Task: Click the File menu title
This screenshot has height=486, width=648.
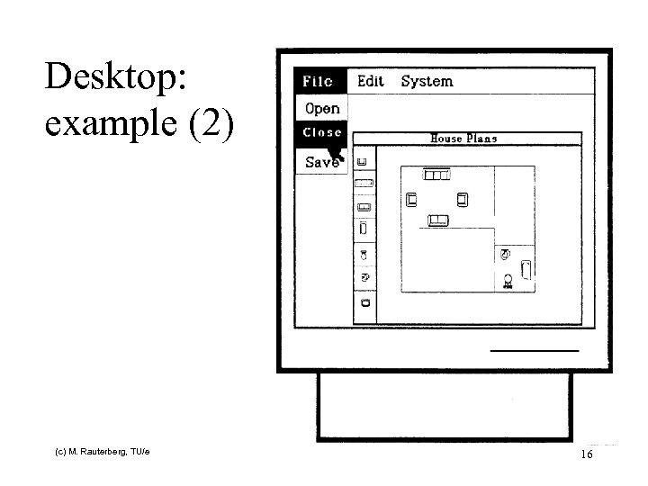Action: pos(318,81)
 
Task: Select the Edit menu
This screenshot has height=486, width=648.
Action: pos(370,81)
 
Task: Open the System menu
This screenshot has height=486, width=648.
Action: pos(427,81)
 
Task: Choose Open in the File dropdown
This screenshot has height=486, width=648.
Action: pos(322,109)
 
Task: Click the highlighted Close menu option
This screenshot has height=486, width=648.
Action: pos(322,132)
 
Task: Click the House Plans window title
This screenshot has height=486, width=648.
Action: pos(463,139)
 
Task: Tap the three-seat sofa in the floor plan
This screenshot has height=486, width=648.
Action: pos(436,174)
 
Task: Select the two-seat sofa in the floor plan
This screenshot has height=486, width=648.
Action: pos(438,220)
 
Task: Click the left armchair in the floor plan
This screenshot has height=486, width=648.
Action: pos(412,198)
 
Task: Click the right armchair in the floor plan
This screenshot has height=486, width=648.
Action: pos(463,198)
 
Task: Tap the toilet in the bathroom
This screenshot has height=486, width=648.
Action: pos(508,280)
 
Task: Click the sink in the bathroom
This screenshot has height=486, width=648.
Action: pos(505,255)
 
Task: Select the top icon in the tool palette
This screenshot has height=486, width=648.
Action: pos(363,161)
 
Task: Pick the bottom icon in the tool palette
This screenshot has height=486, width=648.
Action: pos(364,304)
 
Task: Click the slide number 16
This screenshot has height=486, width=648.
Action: pos(587,455)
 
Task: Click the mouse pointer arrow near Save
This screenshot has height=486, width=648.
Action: pos(337,154)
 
